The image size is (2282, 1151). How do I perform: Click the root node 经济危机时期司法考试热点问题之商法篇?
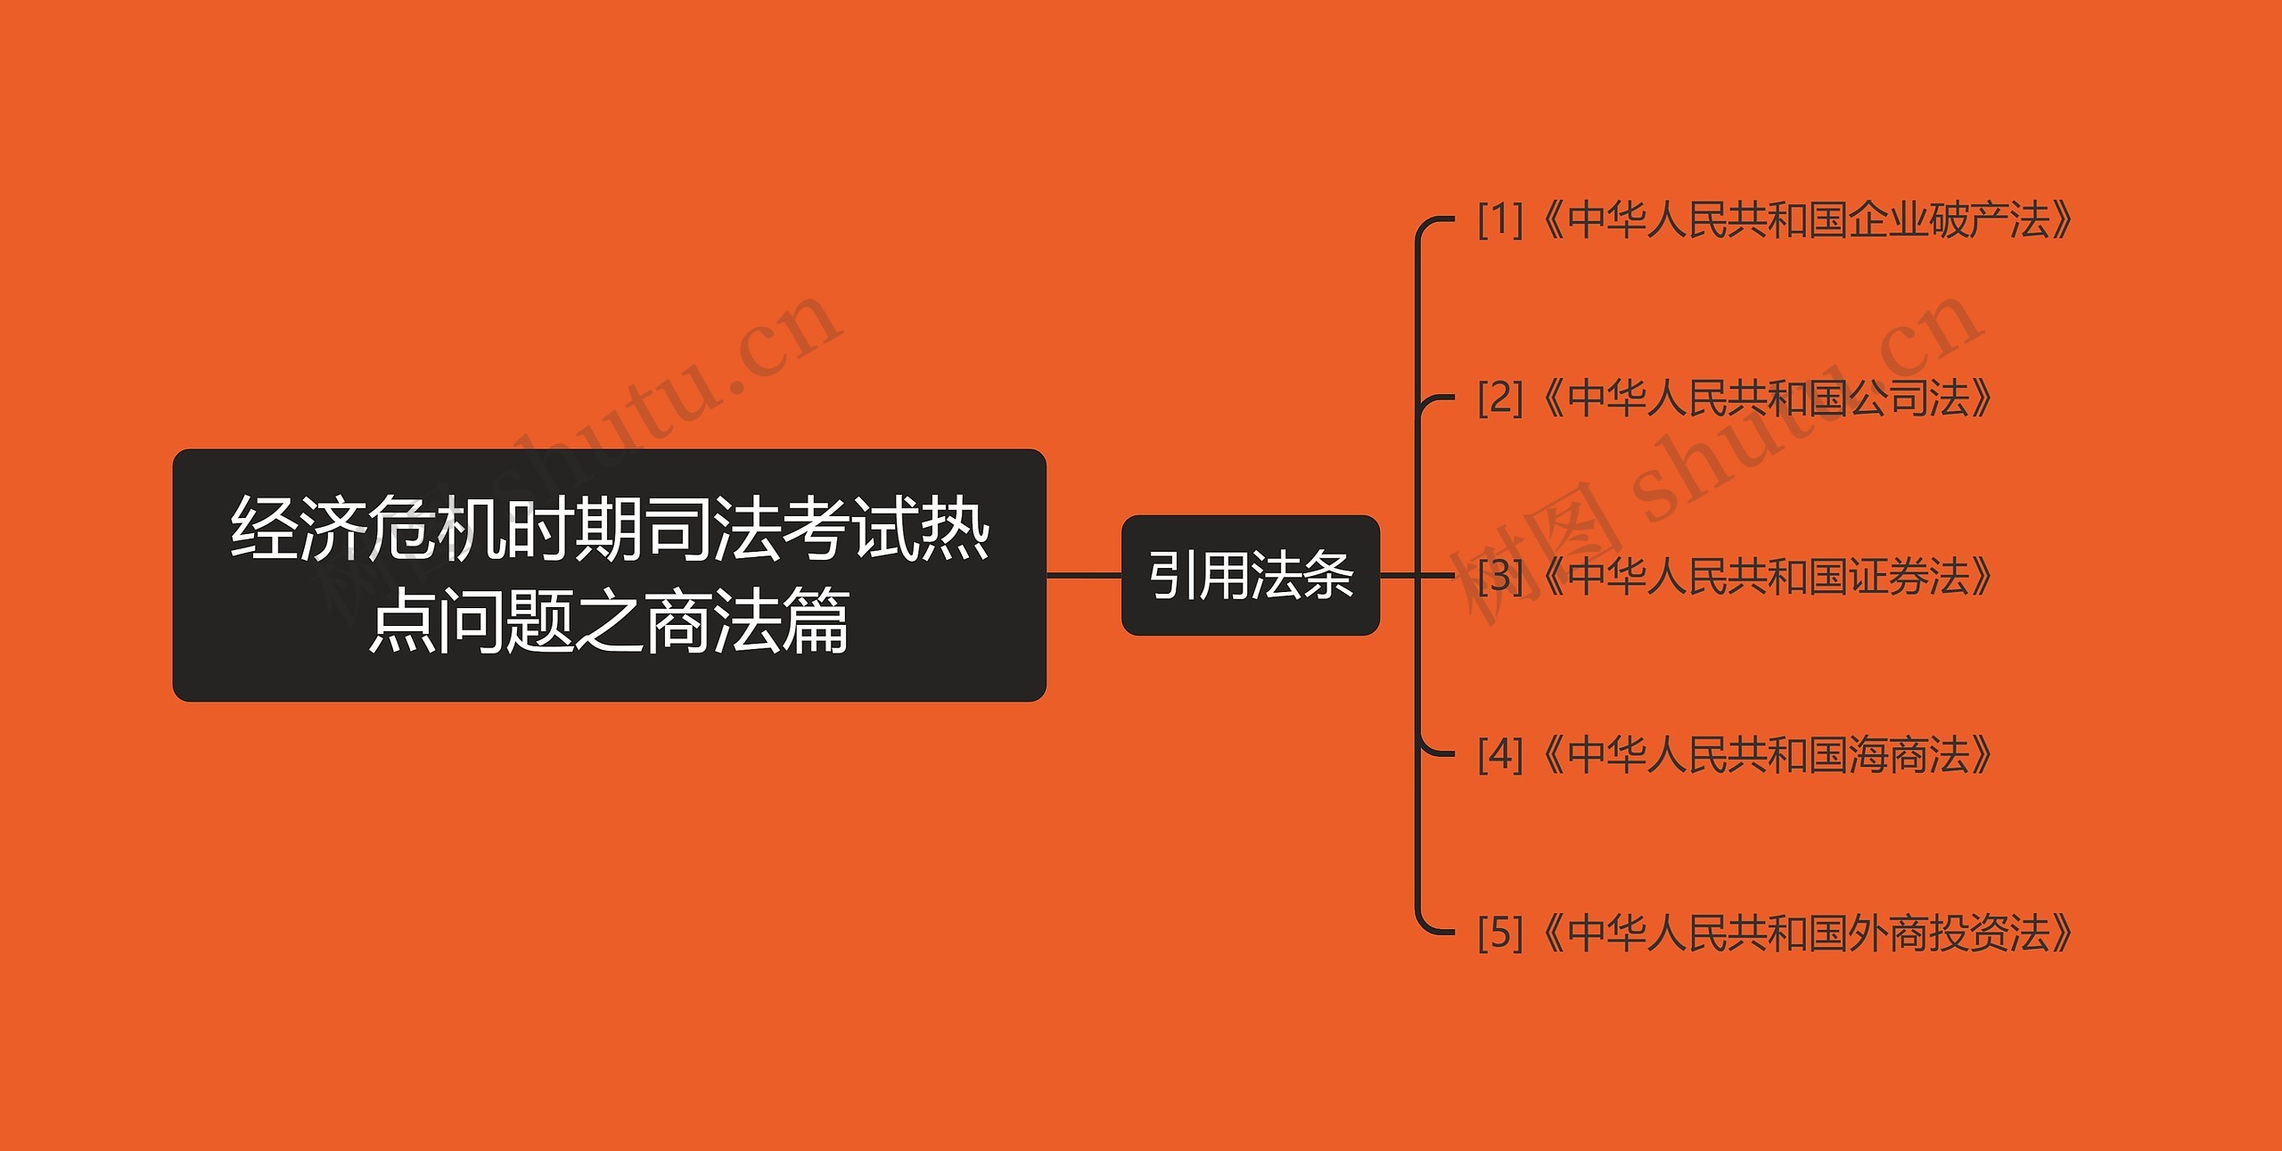coord(609,575)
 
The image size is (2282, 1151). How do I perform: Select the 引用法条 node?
coord(1250,575)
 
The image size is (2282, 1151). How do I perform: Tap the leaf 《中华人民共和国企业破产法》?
coord(1810,219)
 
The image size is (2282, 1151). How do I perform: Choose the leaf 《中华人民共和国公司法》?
coord(1769,398)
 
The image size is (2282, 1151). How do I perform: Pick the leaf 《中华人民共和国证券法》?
coord(1769,576)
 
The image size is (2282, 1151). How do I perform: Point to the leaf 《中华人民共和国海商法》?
coord(1769,754)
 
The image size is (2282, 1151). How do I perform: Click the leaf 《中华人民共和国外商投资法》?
coord(1810,933)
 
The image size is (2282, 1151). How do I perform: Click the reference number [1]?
coord(1500,219)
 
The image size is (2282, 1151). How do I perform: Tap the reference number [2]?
coord(1500,398)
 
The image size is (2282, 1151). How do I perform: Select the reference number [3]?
coord(1500,576)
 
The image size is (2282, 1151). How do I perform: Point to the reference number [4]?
coord(1500,754)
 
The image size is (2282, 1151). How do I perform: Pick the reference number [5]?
coord(1500,933)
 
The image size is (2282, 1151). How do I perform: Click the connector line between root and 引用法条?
coord(1083,575)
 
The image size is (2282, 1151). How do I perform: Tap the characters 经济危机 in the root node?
coord(365,529)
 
